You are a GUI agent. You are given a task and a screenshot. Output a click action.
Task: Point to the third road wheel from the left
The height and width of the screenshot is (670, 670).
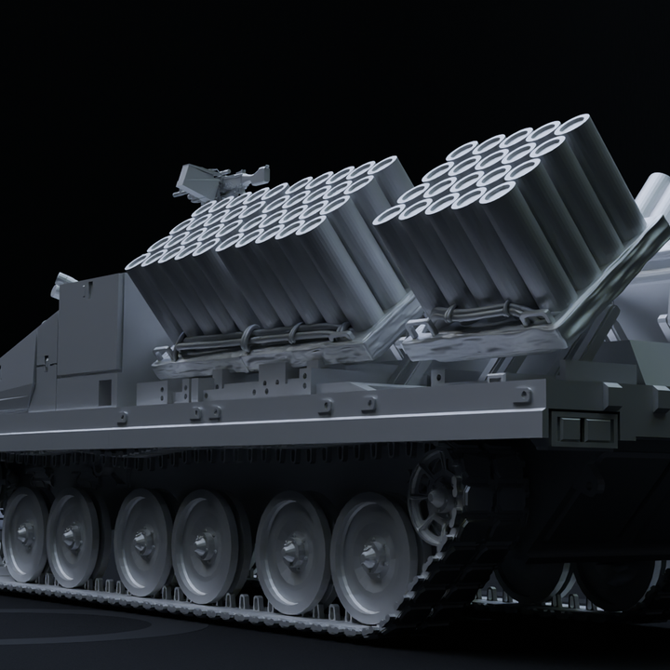point(142,542)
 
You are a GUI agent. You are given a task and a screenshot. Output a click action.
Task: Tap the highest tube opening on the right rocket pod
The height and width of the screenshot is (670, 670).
point(575,125)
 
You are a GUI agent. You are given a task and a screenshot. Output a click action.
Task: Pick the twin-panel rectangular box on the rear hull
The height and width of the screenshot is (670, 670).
point(584,429)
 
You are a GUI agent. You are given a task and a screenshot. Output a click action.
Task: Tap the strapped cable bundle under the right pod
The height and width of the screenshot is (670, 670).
point(484,317)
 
